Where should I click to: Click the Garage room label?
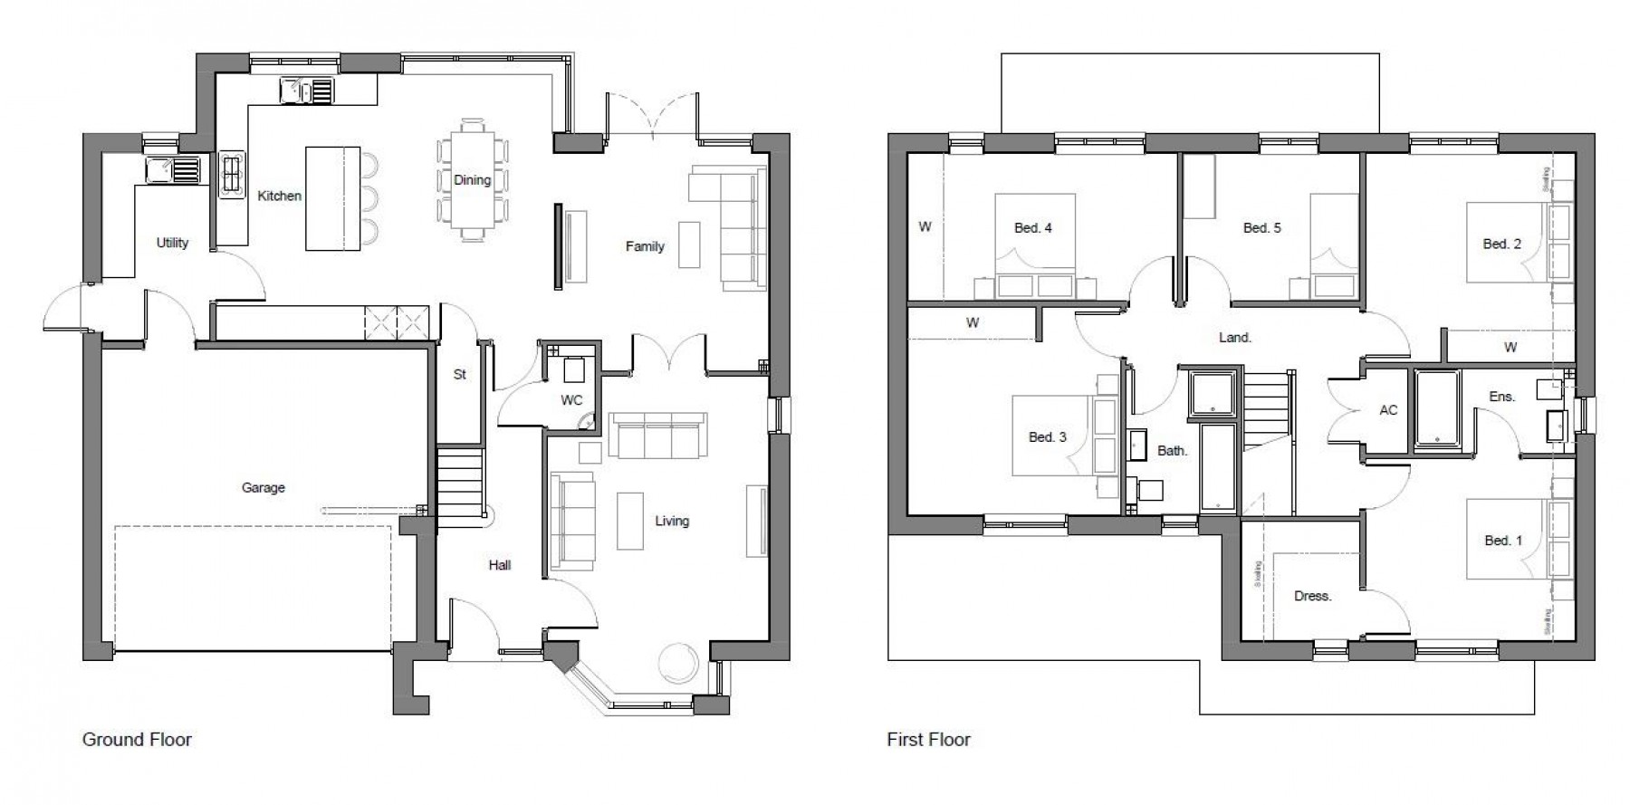pos(263,488)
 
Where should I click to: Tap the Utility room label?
pos(172,243)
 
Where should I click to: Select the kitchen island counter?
pos(332,198)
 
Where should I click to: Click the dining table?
pos(472,180)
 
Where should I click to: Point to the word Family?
pos(645,246)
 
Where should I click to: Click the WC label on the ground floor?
pos(571,400)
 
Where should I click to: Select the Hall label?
pos(500,565)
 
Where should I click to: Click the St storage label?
pos(459,374)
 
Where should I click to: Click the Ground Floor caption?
pos(137,740)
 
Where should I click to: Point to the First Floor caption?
pos(928,740)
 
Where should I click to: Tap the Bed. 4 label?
pos(1032,228)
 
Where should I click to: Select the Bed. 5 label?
pos(1261,228)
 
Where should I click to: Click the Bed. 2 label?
pos(1501,244)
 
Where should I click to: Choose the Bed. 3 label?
pos(1047,437)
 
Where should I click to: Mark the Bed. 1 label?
pos(1503,541)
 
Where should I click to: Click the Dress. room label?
pos(1312,597)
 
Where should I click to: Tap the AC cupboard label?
pos(1388,410)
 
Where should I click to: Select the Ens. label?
pos(1501,397)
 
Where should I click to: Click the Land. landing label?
pos(1235,338)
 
